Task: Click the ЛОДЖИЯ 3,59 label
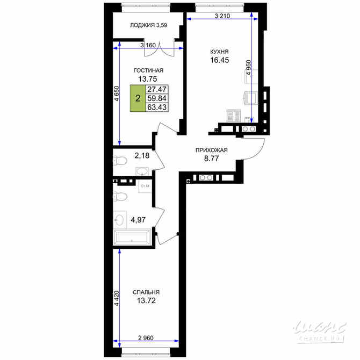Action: [148, 25]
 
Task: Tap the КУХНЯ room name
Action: [219, 52]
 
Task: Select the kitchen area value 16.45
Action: [220, 60]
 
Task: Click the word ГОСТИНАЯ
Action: [148, 70]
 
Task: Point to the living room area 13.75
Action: [148, 79]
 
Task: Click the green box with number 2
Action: [138, 98]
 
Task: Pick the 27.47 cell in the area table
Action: [157, 89]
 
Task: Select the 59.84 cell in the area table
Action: [157, 98]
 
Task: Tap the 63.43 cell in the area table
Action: [157, 107]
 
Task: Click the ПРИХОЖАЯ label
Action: [212, 150]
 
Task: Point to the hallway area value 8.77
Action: [212, 159]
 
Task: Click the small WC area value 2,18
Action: [142, 156]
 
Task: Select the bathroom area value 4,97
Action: [138, 220]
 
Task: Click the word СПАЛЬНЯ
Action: [146, 292]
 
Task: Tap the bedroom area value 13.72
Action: [146, 300]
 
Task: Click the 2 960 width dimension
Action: [146, 338]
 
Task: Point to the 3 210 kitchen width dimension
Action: [222, 16]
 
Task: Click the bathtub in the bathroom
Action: [132, 237]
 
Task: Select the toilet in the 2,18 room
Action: [120, 161]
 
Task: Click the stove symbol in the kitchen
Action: [234, 116]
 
